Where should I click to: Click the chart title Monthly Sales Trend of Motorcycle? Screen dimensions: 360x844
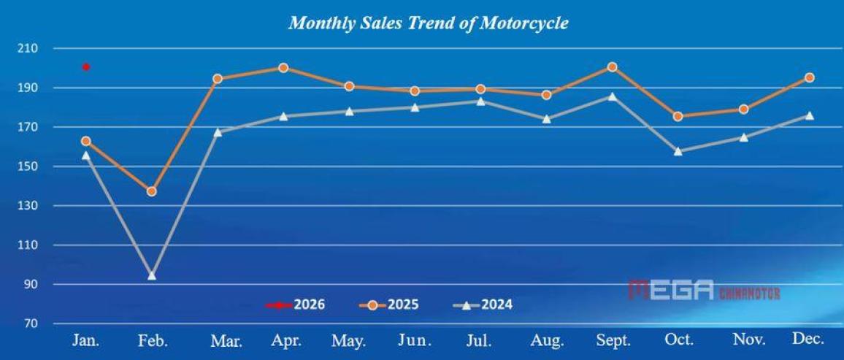pyautogui.click(x=428, y=23)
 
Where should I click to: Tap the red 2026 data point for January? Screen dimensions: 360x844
pyautogui.click(x=86, y=67)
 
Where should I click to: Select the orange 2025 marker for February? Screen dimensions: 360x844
pyautogui.click(x=152, y=191)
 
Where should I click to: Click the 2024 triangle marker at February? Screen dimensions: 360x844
pyautogui.click(x=152, y=275)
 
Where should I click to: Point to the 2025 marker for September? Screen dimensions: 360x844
pyautogui.click(x=612, y=67)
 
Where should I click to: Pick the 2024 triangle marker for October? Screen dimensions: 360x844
pyautogui.click(x=678, y=151)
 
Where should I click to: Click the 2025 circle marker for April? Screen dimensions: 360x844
pyautogui.click(x=283, y=68)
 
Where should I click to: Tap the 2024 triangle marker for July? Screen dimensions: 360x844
pyautogui.click(x=480, y=101)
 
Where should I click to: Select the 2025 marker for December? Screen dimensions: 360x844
pyautogui.click(x=809, y=77)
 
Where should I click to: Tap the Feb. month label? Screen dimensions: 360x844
pyautogui.click(x=152, y=340)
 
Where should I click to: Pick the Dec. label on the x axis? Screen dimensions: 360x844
pyautogui.click(x=808, y=338)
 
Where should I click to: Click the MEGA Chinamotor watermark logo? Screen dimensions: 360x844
pyautogui.click(x=704, y=291)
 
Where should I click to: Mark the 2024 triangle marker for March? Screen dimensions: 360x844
pyautogui.click(x=218, y=132)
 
